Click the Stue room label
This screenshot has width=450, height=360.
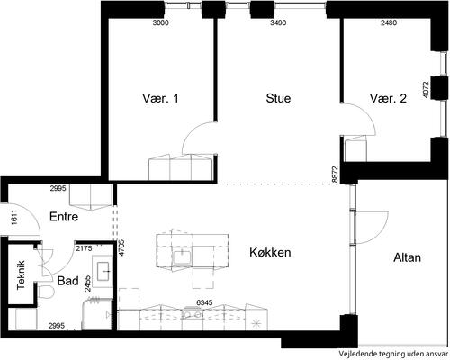pyautogui.click(x=278, y=98)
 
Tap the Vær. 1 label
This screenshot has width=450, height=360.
pyautogui.click(x=160, y=98)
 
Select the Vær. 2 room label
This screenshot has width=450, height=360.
pyautogui.click(x=388, y=98)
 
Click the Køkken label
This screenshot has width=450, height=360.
pyautogui.click(x=270, y=252)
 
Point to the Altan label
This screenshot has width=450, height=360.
pyautogui.click(x=407, y=257)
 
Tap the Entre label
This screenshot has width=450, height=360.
pyautogui.click(x=64, y=217)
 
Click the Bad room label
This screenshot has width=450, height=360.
pyautogui.click(x=68, y=281)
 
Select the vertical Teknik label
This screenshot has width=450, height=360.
pyautogui.click(x=21, y=274)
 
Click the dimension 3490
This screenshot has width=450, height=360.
pyautogui.click(x=278, y=22)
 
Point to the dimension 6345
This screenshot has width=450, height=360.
pyautogui.click(x=204, y=302)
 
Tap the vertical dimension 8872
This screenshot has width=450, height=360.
pyautogui.click(x=335, y=175)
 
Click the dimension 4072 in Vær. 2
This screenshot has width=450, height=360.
pyautogui.click(x=426, y=90)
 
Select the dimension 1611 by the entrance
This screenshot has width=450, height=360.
pyautogui.click(x=14, y=217)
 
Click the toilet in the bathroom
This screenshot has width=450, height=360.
pyautogui.click(x=46, y=292)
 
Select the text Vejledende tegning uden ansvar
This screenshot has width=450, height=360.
pyautogui.click(x=394, y=354)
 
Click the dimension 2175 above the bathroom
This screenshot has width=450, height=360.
pyautogui.click(x=84, y=248)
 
